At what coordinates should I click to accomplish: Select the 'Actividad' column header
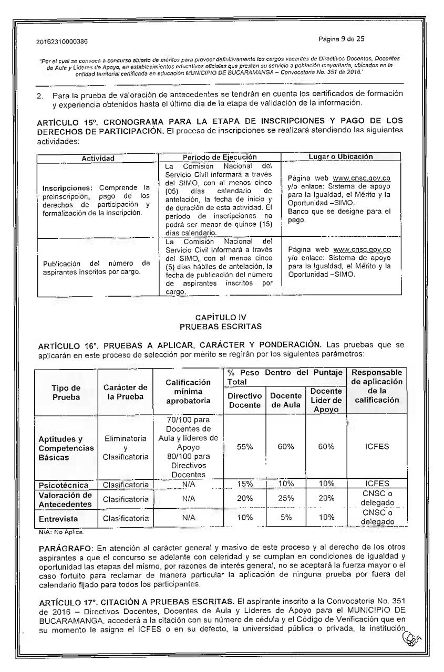click(96, 157)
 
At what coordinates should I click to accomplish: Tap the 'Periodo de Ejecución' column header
click(219, 157)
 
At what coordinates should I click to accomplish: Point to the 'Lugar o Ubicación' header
click(341, 156)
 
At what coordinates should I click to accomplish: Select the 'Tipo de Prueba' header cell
click(66, 392)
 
